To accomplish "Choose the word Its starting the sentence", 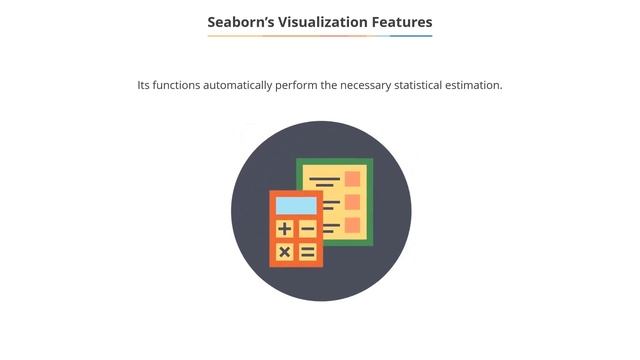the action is tap(145, 85).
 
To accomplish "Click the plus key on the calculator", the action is tap(285, 230).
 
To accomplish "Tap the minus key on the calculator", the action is tap(308, 230).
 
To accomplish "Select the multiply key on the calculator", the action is tap(285, 252).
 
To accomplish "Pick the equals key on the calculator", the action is tap(308, 252).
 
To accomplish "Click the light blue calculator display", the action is tap(296, 205).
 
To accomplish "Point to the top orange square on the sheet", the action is tap(352, 179).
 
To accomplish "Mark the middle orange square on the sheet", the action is tap(352, 202).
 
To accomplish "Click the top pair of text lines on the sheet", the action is tap(325, 182).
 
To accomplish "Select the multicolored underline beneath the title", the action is tap(320, 36).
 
